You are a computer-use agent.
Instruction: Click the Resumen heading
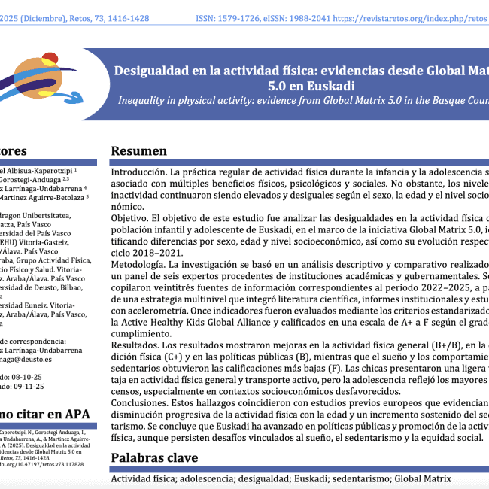point(139,151)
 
